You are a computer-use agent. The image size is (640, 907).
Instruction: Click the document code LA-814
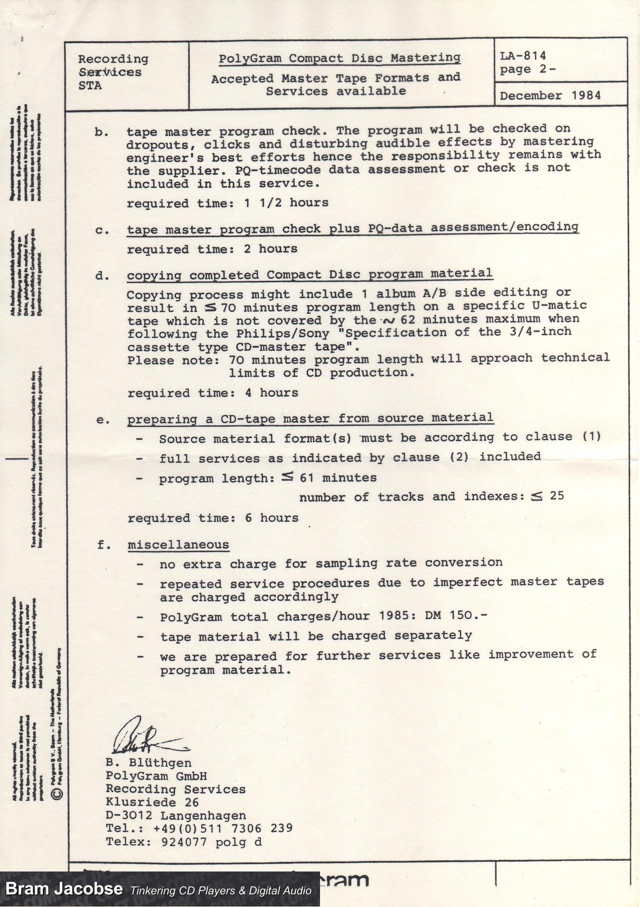tap(522, 55)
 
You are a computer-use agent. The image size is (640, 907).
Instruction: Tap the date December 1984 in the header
tap(550, 95)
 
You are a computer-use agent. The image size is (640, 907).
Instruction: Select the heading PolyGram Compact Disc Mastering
tap(339, 58)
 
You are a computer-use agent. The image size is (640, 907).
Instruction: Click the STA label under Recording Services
tap(90, 85)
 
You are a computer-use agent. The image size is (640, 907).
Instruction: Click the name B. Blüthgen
tap(148, 762)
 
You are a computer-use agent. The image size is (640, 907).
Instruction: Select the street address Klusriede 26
tap(152, 802)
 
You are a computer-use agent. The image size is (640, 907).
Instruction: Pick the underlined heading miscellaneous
tap(178, 544)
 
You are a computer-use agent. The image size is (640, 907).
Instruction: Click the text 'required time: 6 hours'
tap(213, 518)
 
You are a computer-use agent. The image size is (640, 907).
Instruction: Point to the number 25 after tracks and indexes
tap(556, 495)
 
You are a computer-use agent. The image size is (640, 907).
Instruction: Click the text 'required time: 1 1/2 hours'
tap(227, 203)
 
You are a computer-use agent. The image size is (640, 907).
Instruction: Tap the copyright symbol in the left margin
tap(57, 793)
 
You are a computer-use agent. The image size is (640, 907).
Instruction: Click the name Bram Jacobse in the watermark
tap(64, 888)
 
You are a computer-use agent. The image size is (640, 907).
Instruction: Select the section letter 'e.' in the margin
tap(103, 420)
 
